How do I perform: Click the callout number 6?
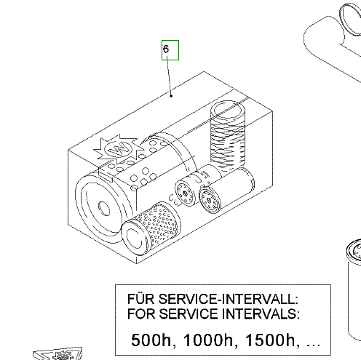[166, 49]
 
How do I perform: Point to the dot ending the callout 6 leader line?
[171, 96]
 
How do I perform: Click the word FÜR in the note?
[140, 299]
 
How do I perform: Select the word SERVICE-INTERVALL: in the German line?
[229, 299]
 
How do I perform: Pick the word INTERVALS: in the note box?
[261, 314]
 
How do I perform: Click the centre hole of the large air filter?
[103, 209]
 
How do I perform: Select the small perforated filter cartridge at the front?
[151, 228]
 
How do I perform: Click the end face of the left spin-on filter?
[185, 193]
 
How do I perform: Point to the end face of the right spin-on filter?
[209, 200]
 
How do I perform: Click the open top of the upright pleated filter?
[228, 109]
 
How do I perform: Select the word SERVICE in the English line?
[189, 314]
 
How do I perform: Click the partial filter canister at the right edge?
[354, 289]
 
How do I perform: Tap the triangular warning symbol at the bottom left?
[58, 354]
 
